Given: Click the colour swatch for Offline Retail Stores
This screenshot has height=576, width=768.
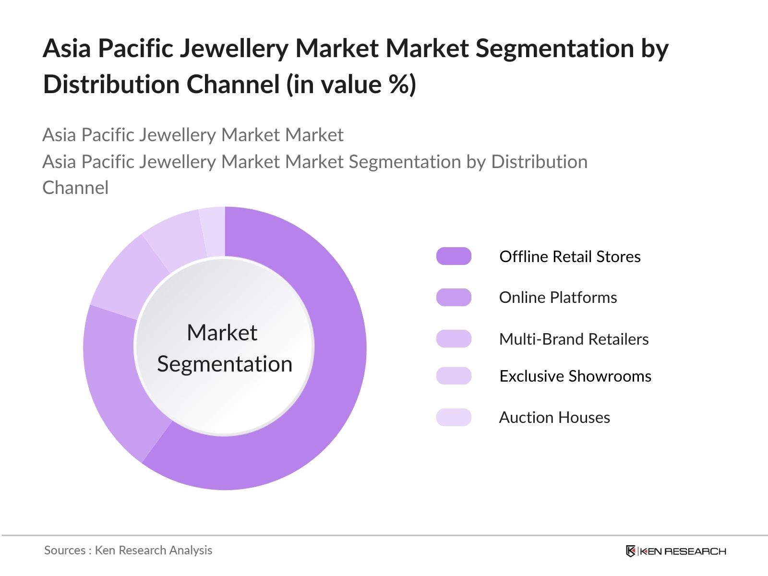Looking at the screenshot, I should pyautogui.click(x=454, y=256).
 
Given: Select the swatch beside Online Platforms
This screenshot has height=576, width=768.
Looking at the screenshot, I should pyautogui.click(x=454, y=298).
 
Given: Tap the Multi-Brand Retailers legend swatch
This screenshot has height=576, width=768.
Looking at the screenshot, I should pyautogui.click(x=454, y=339).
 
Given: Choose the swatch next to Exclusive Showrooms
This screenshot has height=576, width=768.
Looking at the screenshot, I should pyautogui.click(x=454, y=376).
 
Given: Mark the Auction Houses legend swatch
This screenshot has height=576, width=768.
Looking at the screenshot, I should pyautogui.click(x=454, y=417).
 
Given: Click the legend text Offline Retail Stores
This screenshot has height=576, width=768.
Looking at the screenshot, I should pyautogui.click(x=570, y=256).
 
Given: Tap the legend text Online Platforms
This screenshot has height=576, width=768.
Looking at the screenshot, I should pyautogui.click(x=558, y=298).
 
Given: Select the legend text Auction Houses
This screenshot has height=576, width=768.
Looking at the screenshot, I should pyautogui.click(x=554, y=417).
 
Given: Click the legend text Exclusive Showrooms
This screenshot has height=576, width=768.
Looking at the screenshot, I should pyautogui.click(x=575, y=376).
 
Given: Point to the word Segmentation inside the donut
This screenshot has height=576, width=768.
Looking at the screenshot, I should pyautogui.click(x=225, y=364).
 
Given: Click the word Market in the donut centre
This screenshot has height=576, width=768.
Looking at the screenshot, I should pyautogui.click(x=222, y=333).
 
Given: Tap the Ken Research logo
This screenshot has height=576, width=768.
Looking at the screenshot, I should pyautogui.click(x=676, y=551).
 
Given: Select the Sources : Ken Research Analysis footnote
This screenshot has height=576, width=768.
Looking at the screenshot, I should pyautogui.click(x=128, y=550).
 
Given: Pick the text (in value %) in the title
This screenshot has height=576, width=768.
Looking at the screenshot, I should pyautogui.click(x=351, y=84).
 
